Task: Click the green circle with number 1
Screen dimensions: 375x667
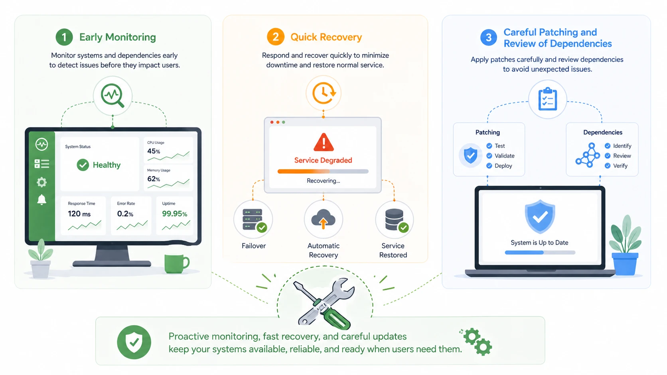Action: [64, 37]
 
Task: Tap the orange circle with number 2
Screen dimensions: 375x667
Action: [275, 37]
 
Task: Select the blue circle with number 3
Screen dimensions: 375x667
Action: [489, 37]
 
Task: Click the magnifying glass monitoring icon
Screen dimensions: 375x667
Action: [112, 96]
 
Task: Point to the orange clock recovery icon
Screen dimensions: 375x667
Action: [324, 93]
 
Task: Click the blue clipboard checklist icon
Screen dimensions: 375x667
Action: [547, 99]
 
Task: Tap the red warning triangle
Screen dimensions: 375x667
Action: [324, 142]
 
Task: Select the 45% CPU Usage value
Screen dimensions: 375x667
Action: [154, 151]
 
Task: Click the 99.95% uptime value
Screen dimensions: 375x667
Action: [174, 214]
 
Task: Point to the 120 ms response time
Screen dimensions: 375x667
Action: [79, 214]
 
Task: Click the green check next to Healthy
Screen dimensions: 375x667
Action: [83, 165]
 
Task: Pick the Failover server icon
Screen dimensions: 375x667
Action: [253, 220]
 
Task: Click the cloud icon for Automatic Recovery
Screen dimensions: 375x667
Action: [323, 219]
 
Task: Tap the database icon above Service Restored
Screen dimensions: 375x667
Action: [395, 220]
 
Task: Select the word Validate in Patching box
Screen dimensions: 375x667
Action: [504, 156]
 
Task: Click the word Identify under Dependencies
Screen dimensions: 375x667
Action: [622, 146]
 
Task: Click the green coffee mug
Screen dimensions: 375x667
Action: [176, 264]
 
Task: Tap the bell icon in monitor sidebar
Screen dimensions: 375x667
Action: [41, 200]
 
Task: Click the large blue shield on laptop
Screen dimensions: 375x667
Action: [540, 216]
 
